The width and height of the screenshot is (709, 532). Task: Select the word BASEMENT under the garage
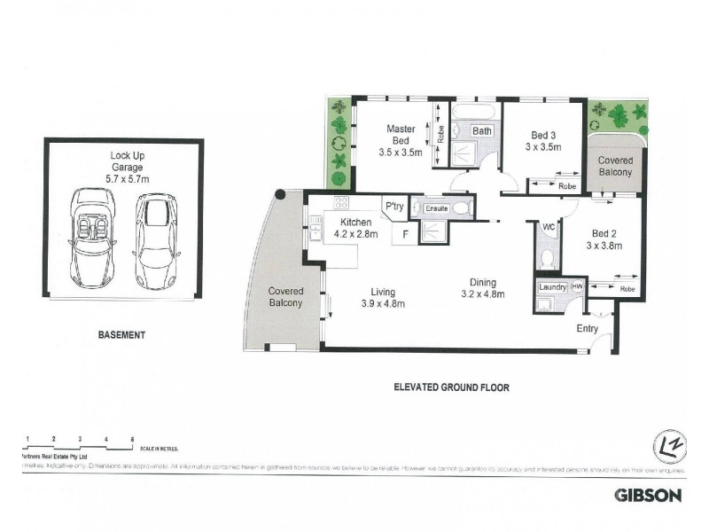pyautogui.click(x=121, y=336)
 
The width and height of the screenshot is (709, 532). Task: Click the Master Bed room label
pyautogui.click(x=399, y=135)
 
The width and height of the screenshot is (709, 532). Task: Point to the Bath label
pyautogui.click(x=481, y=131)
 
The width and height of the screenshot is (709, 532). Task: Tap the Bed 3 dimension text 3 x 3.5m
pyautogui.click(x=543, y=147)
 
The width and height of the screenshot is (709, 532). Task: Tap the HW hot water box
pyautogui.click(x=577, y=286)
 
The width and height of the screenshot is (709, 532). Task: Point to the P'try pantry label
pyautogui.click(x=394, y=205)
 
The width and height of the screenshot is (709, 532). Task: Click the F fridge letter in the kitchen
pyautogui.click(x=406, y=236)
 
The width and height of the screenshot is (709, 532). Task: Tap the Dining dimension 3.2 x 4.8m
pyautogui.click(x=487, y=294)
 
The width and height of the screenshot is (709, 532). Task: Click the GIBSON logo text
pyautogui.click(x=648, y=496)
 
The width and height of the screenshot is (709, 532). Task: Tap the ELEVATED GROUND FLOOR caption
pyautogui.click(x=452, y=387)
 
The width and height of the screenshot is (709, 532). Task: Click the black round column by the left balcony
pyautogui.click(x=281, y=195)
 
